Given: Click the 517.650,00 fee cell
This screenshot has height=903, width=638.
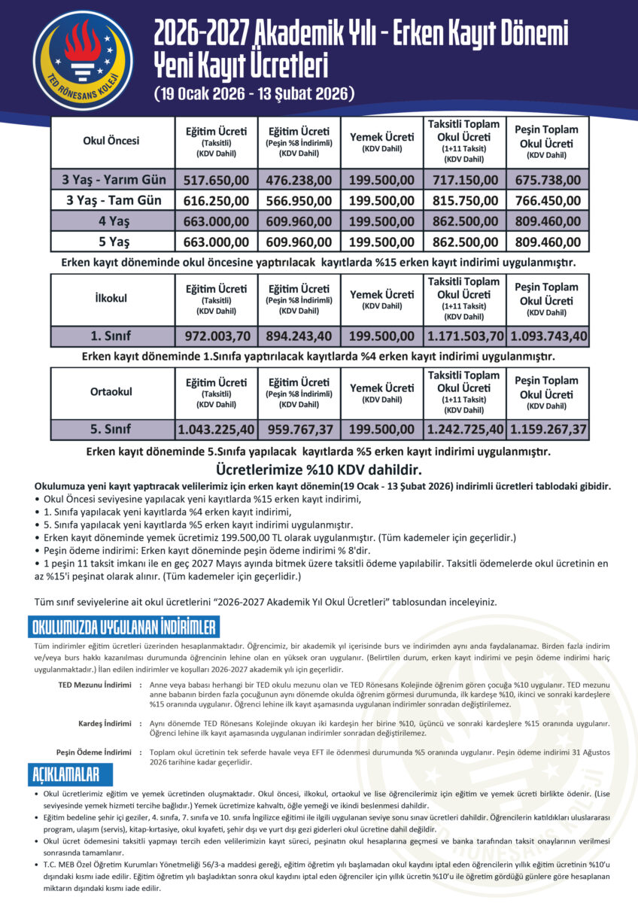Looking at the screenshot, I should point(217,181).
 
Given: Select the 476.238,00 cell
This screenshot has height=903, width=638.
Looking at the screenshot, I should point(299,181).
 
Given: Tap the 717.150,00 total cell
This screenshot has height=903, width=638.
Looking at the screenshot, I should point(463,181).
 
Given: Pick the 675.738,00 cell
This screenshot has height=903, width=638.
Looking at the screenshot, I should point(547,181).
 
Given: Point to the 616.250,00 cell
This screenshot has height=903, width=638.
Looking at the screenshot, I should point(217,201).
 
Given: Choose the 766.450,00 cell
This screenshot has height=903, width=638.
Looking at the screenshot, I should point(547,201).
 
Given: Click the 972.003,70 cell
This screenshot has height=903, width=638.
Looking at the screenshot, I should point(217,336).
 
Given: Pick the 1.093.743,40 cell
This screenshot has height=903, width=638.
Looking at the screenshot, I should point(547,336).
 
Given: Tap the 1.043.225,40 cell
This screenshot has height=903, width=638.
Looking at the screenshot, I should point(217,430).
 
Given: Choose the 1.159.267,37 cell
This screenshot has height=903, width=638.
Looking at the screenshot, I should point(547,430).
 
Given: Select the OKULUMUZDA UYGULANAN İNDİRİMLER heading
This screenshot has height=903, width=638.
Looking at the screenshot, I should point(124,627).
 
